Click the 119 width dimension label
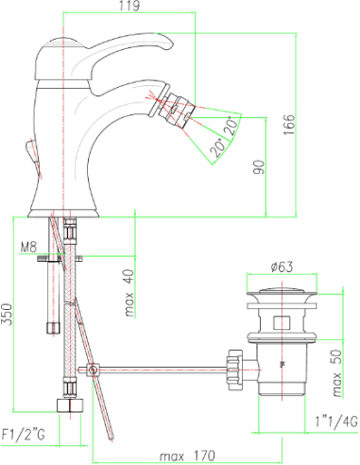(x=129, y=6)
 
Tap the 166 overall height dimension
(x=289, y=125)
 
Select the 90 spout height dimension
(x=259, y=167)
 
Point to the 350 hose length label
(x=7, y=314)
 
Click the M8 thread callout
(x=28, y=247)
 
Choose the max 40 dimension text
(x=129, y=293)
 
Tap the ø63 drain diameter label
(x=282, y=267)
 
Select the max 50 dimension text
(x=337, y=372)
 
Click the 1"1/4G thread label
(x=336, y=421)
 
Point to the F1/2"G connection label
(x=24, y=435)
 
